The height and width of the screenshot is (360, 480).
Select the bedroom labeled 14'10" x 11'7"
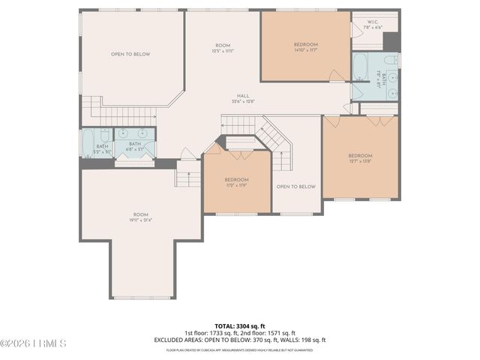(306, 47)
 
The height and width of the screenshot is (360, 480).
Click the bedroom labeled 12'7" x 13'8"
(360, 158)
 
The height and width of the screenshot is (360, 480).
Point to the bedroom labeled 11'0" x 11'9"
(236, 182)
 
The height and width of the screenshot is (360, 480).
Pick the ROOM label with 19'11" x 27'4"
(141, 217)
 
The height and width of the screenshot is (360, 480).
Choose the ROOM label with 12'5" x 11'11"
(222, 47)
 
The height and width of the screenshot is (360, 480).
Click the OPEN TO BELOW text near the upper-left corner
(130, 54)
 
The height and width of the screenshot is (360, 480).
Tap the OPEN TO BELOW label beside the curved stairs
(295, 187)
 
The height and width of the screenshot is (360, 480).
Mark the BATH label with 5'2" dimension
(102, 147)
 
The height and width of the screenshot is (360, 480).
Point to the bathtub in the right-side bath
(360, 67)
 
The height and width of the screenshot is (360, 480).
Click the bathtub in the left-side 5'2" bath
(87, 142)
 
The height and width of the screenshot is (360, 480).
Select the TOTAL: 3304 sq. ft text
(239, 326)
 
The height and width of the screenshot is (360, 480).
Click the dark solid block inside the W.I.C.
(391, 41)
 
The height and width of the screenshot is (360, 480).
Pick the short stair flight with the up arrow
(187, 177)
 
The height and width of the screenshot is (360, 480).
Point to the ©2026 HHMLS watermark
(34, 343)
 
